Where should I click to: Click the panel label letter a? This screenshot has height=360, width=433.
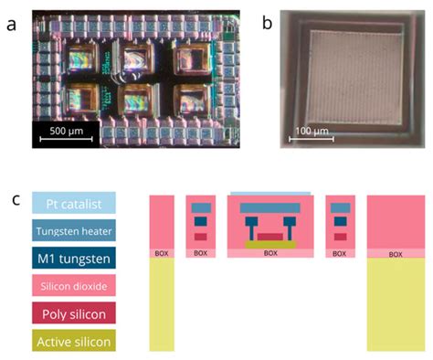pos(12,25)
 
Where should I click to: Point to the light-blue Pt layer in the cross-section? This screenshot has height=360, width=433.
pos(269,194)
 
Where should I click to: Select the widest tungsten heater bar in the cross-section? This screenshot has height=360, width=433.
pos(269,208)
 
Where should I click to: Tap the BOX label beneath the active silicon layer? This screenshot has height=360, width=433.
pos(270,253)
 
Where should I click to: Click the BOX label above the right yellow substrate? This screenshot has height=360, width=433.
pos(395,253)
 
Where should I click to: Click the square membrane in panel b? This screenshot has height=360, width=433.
pos(343,78)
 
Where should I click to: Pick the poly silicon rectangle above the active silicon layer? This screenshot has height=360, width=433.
pos(270,237)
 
